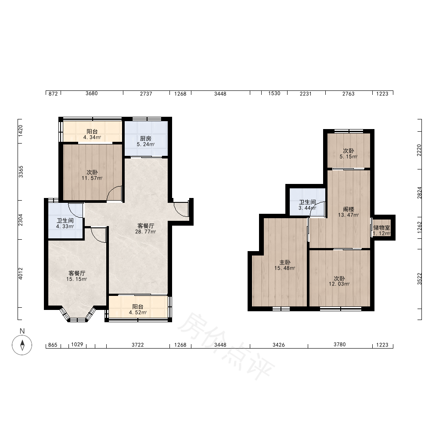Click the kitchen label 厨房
click(x=146, y=139)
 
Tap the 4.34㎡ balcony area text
click(x=92, y=137)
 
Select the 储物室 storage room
click(x=381, y=227)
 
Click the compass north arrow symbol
click(x=22, y=345)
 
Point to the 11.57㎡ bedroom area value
click(x=92, y=178)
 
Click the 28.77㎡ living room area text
click(x=146, y=232)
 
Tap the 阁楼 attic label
click(x=349, y=209)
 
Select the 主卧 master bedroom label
click(x=285, y=263)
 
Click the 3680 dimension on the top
click(x=92, y=94)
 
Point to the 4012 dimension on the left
click(x=21, y=273)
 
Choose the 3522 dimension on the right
click(x=419, y=279)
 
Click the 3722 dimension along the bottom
click(x=138, y=345)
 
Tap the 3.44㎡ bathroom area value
click(x=307, y=208)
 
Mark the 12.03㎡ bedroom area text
click(x=339, y=284)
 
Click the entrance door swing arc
click(x=180, y=210)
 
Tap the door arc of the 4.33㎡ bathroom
click(x=76, y=211)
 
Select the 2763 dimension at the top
click(x=348, y=94)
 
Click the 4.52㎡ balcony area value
click(x=138, y=313)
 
